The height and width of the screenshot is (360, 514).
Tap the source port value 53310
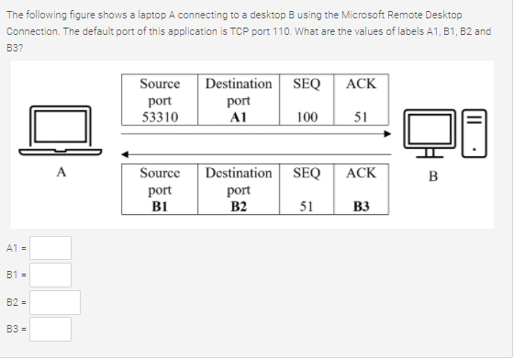click(160, 118)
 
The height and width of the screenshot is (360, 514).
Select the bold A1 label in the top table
click(238, 118)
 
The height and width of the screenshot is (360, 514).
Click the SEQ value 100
click(307, 118)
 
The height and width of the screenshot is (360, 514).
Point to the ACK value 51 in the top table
click(361, 118)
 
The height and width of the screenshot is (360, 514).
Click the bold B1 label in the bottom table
click(160, 206)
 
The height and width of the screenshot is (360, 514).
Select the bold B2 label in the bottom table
click(238, 206)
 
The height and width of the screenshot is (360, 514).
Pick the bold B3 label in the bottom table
click(361, 206)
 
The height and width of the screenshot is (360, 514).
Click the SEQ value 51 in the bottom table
click(307, 206)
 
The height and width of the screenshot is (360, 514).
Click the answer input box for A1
click(54, 248)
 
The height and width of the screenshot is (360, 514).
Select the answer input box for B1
click(54, 275)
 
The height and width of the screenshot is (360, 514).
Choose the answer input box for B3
click(54, 329)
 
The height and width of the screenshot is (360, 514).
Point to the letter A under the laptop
click(61, 170)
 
